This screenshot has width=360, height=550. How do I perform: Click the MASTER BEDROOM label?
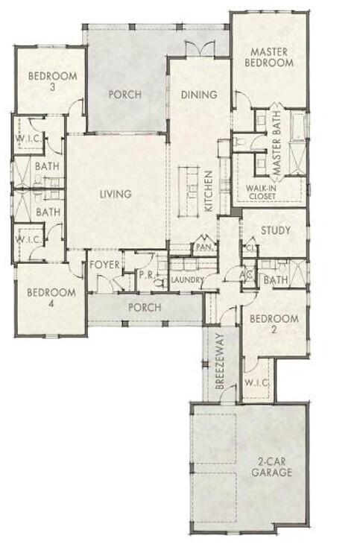tap(270, 57)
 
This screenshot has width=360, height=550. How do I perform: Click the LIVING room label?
tap(116, 195)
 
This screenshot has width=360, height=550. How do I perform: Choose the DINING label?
tap(199, 95)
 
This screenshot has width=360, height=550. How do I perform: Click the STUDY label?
tap(275, 231)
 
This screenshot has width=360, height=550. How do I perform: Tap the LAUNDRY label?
tap(187, 279)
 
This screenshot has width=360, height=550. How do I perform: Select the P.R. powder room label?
tap(146, 275)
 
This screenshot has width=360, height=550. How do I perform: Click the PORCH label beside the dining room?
tap(125, 95)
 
